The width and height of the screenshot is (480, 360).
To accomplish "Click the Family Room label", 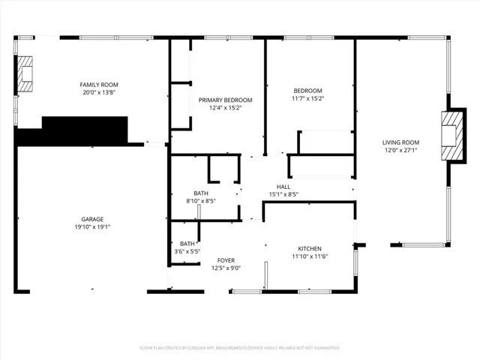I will [100, 85].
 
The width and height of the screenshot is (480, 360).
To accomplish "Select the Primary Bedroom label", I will [225, 100].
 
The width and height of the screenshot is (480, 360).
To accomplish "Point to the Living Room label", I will [400, 142].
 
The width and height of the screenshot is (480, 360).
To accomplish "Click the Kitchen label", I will [310, 249].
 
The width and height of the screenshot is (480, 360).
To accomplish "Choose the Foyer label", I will [226, 260].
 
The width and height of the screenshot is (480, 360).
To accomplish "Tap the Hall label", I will [283, 187].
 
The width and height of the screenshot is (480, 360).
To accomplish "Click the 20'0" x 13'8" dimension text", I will [100, 92].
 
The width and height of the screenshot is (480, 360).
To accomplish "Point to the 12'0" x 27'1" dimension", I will [400, 150].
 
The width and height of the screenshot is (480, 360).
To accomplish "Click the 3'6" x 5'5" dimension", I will [187, 251].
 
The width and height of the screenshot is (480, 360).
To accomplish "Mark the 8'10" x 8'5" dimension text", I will [200, 201].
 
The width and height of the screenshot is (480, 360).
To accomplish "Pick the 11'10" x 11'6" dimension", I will [310, 256].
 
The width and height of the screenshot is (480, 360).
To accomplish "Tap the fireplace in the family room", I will [26, 73].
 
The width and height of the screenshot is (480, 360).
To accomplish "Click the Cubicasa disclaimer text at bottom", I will [240, 348].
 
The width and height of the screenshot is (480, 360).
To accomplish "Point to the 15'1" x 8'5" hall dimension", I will [283, 194].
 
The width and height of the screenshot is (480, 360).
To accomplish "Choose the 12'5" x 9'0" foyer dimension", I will [226, 268].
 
